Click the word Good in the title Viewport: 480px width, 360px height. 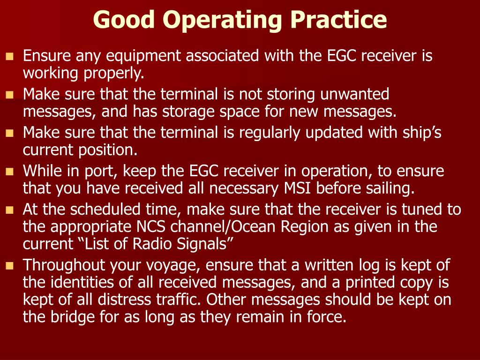click(123, 20)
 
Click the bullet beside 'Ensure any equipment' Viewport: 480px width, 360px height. click(9, 57)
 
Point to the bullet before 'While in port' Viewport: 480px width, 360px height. click(9, 172)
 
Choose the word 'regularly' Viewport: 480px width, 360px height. click(271, 133)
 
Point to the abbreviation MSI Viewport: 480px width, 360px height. click(298, 188)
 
